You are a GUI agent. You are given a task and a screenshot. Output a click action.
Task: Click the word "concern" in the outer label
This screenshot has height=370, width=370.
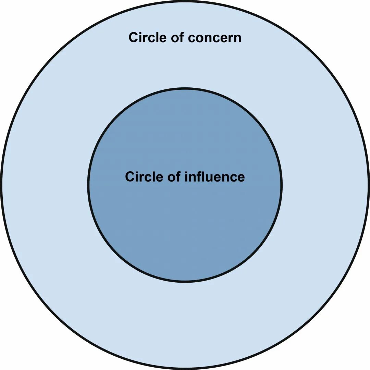[x=215, y=38]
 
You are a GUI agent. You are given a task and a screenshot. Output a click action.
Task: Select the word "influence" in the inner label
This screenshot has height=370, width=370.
[x=214, y=177]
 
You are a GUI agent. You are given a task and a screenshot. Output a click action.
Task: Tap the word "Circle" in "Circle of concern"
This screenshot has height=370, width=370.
[x=147, y=37]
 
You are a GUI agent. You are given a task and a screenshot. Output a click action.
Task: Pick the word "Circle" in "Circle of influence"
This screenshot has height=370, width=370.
[x=144, y=177]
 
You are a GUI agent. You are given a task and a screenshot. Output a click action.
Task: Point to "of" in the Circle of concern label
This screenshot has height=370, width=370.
[x=177, y=37]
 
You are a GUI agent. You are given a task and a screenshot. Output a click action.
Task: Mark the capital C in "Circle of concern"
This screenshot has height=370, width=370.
[x=133, y=37]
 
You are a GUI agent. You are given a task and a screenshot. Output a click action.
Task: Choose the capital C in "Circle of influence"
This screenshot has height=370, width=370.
[x=129, y=177]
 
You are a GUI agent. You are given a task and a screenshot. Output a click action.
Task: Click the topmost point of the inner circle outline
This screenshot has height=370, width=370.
[x=185, y=89]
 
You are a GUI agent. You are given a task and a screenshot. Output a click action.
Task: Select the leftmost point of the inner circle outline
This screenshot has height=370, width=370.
[x=88, y=185]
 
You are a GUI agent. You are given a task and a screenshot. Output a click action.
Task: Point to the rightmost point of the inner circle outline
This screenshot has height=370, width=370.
[x=282, y=185]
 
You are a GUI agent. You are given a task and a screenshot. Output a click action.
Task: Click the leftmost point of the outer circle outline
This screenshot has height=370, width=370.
[x=1, y=185]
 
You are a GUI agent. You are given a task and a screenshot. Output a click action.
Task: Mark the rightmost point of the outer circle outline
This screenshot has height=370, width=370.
[x=369, y=185]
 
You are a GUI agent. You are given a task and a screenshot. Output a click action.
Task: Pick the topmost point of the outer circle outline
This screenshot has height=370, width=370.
[x=185, y=1]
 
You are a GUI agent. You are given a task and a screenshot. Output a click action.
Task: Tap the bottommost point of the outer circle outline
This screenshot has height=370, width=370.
[x=185, y=369]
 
